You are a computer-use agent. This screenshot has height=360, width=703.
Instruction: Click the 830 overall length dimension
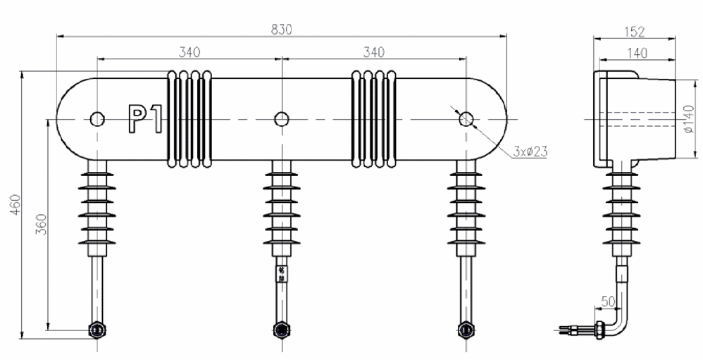coord(282,29)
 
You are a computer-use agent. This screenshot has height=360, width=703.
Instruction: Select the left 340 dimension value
coord(189,52)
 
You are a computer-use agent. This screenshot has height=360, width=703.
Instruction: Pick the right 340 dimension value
coord(373,52)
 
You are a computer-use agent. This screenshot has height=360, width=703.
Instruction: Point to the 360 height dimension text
coord(41,223)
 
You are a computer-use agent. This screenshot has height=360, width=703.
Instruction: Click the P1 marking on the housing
coord(145,119)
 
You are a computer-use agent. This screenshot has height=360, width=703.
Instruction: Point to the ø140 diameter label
coord(690,119)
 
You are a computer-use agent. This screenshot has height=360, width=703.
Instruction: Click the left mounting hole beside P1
coord(97,119)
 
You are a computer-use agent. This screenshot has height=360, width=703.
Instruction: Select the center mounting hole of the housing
coord(281,119)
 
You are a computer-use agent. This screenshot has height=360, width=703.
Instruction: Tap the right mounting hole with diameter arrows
coord(466,119)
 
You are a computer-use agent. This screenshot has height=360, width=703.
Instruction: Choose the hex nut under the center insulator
coord(281,330)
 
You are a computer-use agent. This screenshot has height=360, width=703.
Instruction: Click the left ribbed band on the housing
coord(189,119)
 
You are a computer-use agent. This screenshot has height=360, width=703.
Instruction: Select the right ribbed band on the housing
coord(374,119)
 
